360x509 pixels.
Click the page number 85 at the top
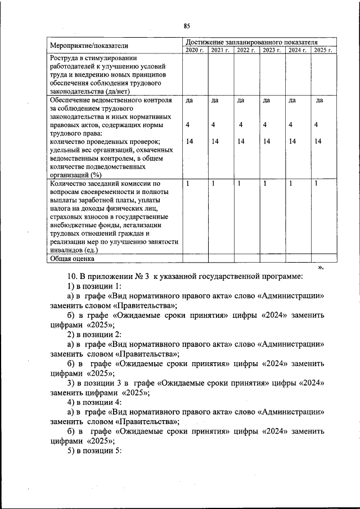tap(187, 25)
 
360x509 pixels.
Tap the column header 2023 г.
tap(272, 51)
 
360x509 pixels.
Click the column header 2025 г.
tap(322, 51)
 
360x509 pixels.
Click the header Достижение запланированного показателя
tap(251, 42)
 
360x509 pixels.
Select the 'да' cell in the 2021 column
tap(215, 101)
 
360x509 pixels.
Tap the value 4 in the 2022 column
tap(240, 125)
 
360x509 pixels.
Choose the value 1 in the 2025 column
tap(316, 183)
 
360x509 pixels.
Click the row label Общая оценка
tap(73, 259)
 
